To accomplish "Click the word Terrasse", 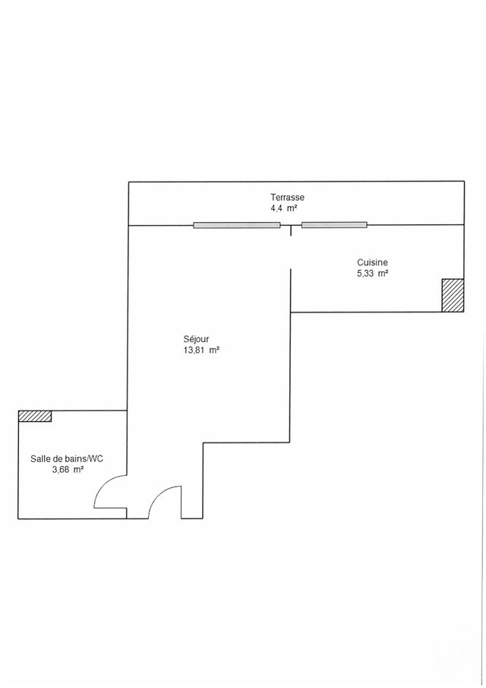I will [287, 197].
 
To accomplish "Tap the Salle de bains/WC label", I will [66, 458].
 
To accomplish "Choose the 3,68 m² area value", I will [66, 469].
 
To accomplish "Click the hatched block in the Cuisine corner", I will [452, 295].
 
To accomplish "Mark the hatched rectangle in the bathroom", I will [35, 416].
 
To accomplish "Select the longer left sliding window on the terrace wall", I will [236, 225].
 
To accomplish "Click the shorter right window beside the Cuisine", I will [334, 225].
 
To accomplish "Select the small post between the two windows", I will [291, 229].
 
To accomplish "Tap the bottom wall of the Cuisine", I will [364, 312].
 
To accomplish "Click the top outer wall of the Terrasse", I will [296, 181].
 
